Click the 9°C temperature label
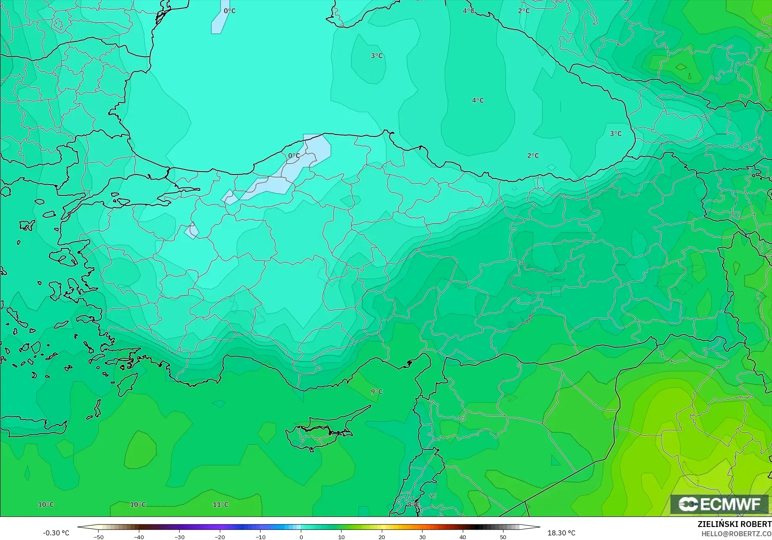[376, 391]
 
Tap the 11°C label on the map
[221, 504]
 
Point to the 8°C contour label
[413, 504]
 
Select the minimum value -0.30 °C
[56, 533]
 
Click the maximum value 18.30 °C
[561, 533]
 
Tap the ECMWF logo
[719, 504]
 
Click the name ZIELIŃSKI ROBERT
[734, 524]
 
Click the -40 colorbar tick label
[138, 537]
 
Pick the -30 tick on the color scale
[179, 537]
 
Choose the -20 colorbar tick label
[219, 537]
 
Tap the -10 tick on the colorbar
[260, 537]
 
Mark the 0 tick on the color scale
[301, 537]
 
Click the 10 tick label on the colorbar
[341, 537]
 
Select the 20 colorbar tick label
[382, 537]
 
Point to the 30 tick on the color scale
[422, 537]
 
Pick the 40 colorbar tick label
[462, 537]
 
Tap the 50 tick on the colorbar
[503, 537]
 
